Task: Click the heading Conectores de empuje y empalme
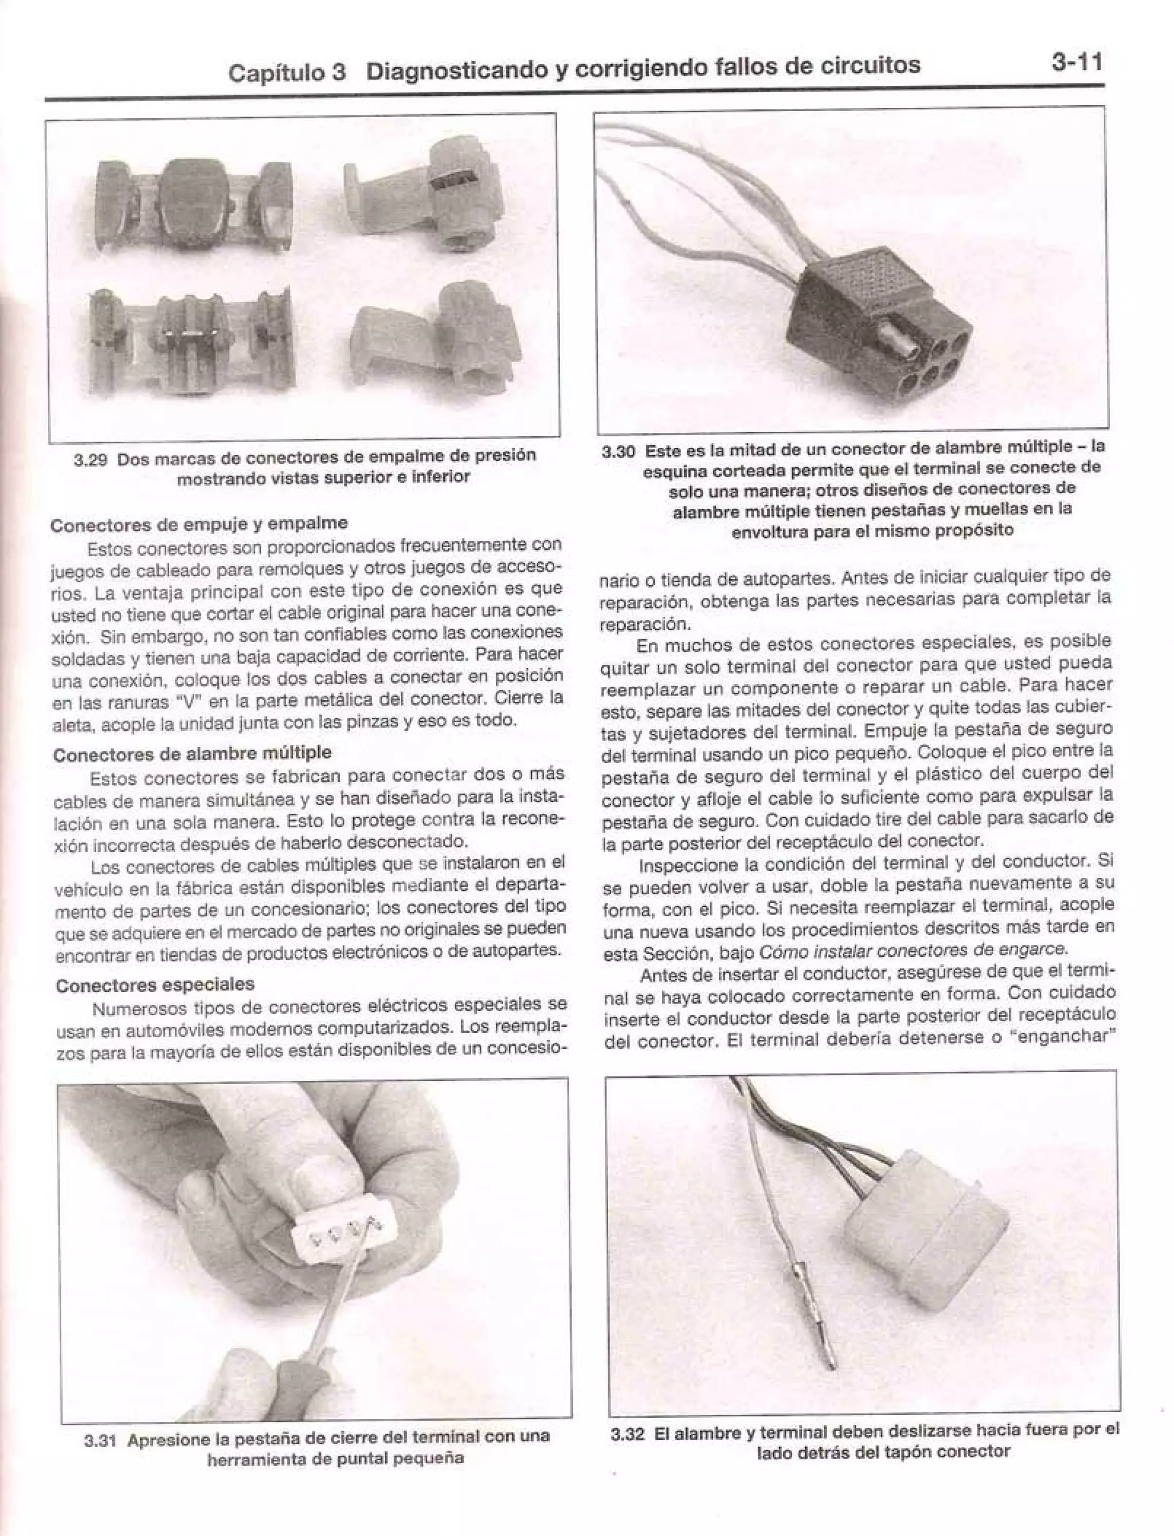(x=198, y=523)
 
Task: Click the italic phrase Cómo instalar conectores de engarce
(x=913, y=949)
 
